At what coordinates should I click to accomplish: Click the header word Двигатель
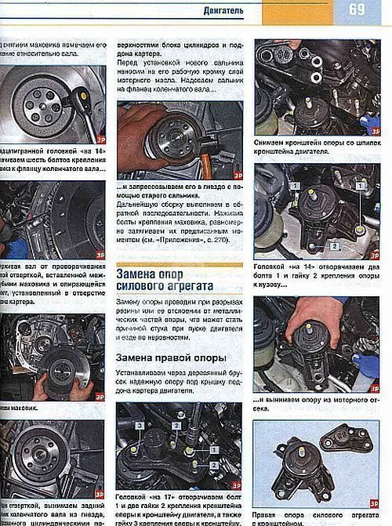(x=222, y=11)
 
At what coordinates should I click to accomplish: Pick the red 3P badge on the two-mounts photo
(x=373, y=493)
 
